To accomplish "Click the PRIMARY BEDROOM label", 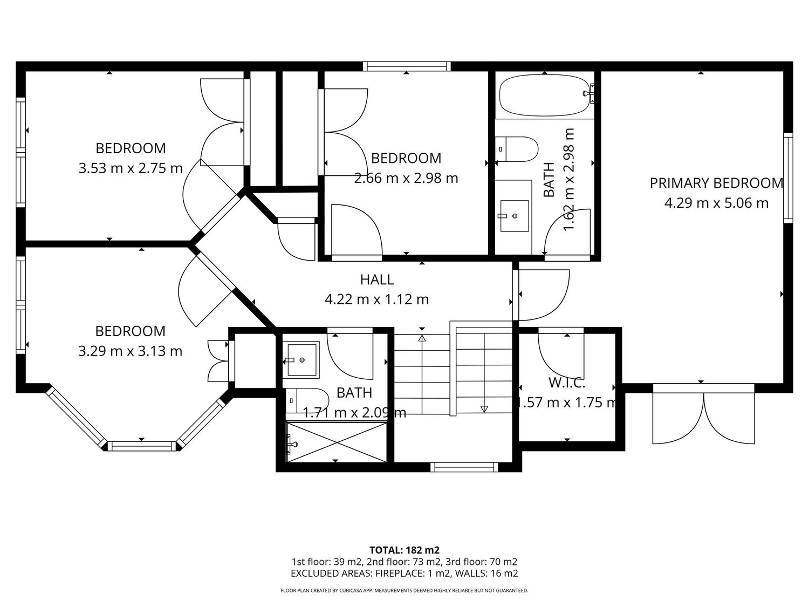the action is pos(716,183).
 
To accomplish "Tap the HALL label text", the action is pos(376,279).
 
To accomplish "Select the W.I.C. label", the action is pos(567,383).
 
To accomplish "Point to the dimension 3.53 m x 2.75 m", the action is pos(131,168).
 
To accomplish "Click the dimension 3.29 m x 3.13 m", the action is pos(130,351).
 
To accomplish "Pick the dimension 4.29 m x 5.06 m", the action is pos(716,203).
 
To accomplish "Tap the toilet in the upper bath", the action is pos(516,149).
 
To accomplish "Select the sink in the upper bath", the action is pos(514,216).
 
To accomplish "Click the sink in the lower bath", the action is pos(301,360).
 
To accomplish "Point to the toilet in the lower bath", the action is pos(307,400).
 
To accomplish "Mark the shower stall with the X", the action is pos(337,442).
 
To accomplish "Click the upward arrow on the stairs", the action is pos(422,373).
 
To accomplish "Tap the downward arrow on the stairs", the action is pos(484,373).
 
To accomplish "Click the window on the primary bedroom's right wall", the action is pos(788,178).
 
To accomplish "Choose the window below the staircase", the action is pos(464,467).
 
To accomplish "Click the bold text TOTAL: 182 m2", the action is pos(404,550).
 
